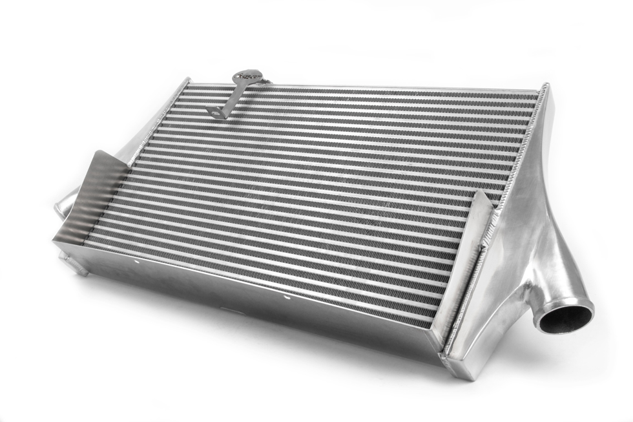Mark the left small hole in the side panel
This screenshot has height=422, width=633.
click(x=138, y=262)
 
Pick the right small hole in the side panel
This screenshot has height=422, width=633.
click(x=288, y=299)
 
